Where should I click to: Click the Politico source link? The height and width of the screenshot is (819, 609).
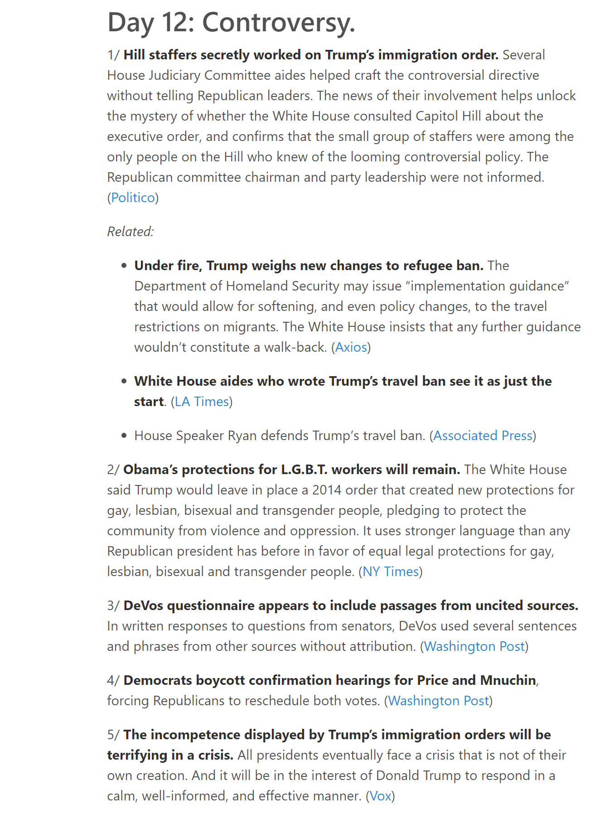133,198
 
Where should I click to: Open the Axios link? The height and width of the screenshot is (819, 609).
351,347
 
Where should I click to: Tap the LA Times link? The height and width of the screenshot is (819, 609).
202,402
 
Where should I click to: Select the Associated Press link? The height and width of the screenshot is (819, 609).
483,436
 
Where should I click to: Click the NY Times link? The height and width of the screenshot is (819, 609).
391,572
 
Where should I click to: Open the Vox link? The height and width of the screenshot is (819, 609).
380,796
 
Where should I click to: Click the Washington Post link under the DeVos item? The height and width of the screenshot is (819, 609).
474,646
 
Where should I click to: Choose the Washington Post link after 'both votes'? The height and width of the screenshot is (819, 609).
439,701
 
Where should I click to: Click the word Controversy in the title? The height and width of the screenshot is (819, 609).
278,23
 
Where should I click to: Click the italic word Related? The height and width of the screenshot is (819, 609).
130,232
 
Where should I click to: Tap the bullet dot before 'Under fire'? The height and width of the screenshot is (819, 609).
124,266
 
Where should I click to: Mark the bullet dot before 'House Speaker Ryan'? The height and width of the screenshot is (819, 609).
124,436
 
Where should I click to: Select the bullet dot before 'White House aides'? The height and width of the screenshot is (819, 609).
124,382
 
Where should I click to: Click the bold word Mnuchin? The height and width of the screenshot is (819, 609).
507,680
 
